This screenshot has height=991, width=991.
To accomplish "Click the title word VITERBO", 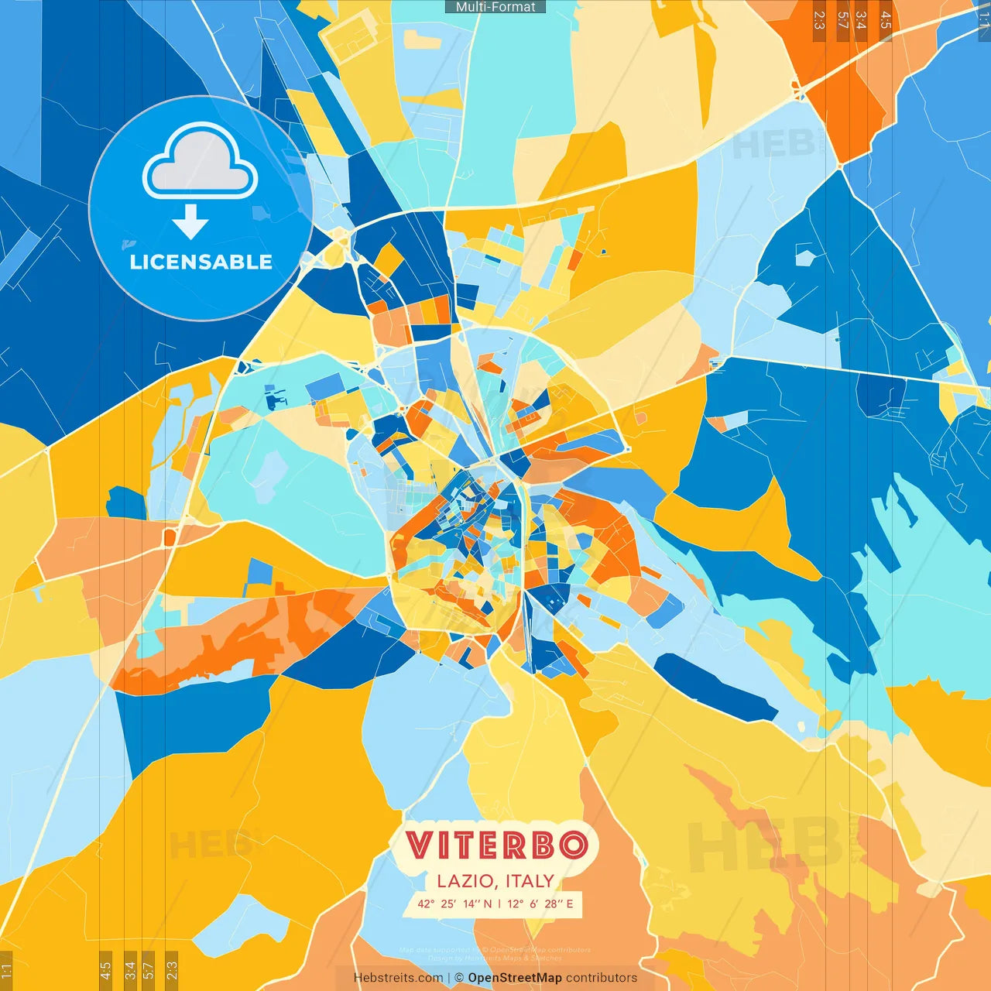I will pos(495,845).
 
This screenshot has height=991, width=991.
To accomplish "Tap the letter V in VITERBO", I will pos(419,845).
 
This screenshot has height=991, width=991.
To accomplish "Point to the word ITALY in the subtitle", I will pos(530,881).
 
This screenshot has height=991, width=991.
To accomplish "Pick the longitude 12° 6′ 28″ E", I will pos(540,904).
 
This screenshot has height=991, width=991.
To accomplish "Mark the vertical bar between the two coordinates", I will pos(499,904).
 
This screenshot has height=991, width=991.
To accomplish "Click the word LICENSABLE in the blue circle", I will pos(201,262).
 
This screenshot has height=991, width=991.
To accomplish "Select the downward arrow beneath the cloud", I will pos(190,222).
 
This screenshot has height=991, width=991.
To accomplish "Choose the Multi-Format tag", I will pos(495,7).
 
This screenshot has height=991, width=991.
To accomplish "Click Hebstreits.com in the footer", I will pos(398,978).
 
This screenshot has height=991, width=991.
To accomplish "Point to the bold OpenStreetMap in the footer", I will pos(515,978).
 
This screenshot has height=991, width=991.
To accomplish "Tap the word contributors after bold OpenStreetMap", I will pos(602,978).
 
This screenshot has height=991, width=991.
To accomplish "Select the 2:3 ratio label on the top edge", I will pos(819,20).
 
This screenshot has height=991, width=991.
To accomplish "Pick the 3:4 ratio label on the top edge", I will pos(861,20).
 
